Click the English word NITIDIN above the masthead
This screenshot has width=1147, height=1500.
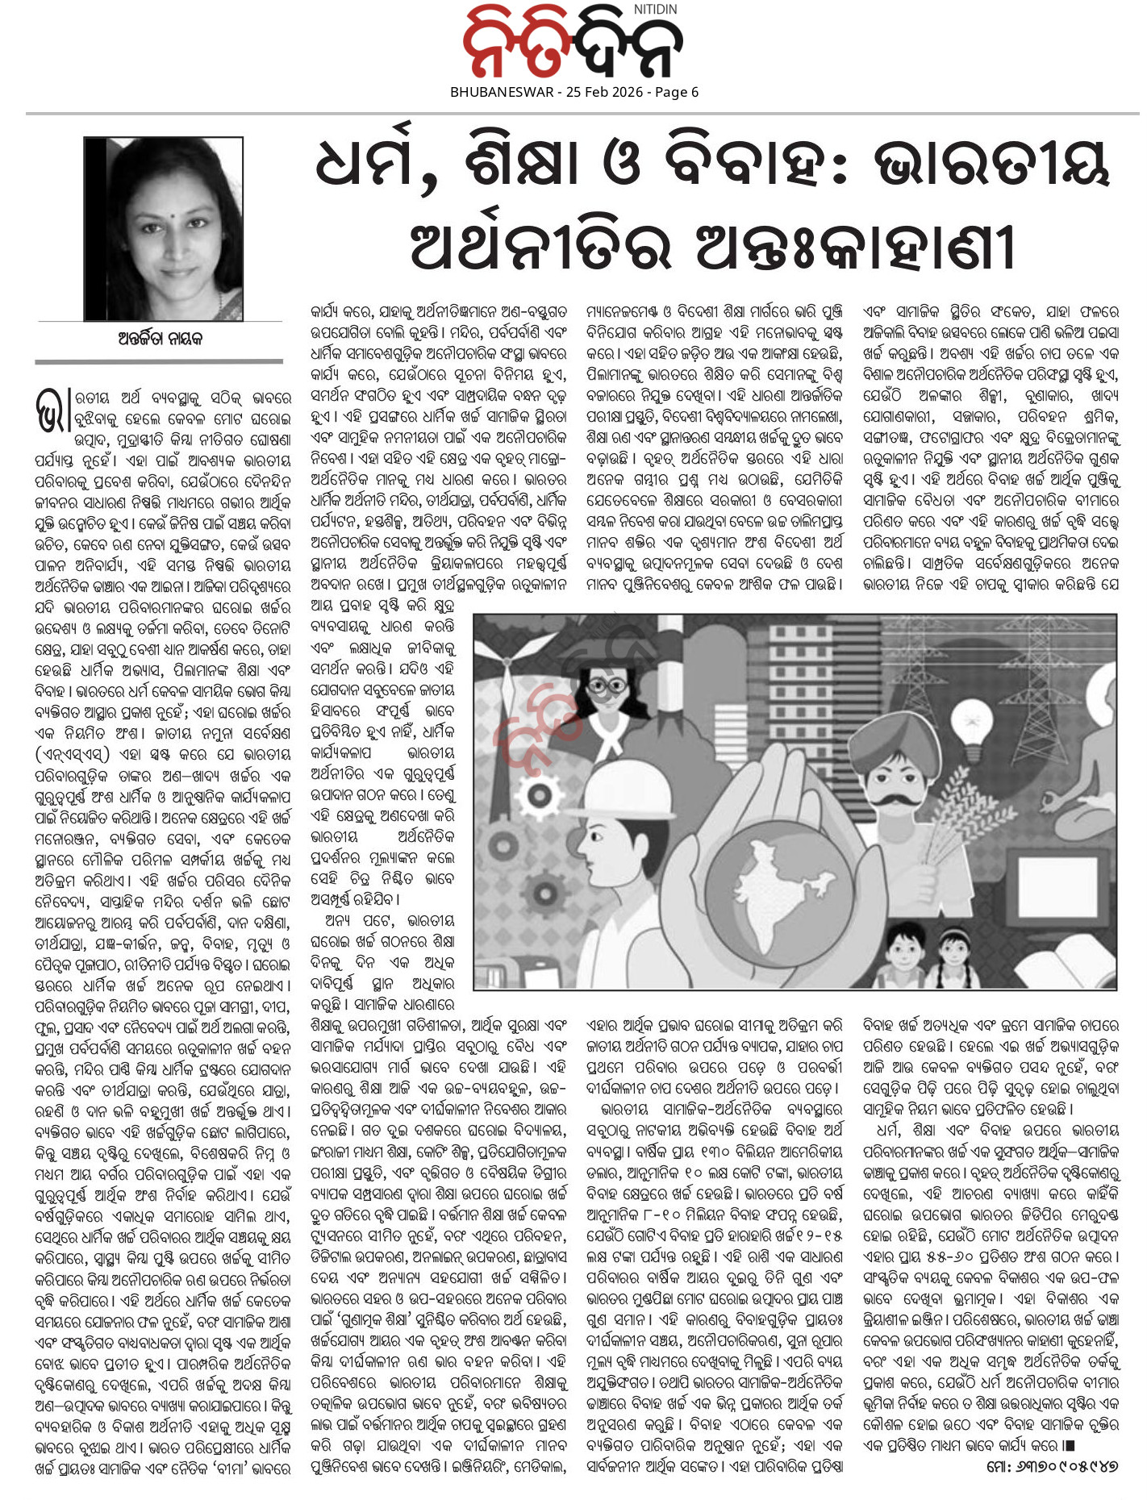pos(655,9)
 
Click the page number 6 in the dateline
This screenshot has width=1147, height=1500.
pos(694,92)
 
